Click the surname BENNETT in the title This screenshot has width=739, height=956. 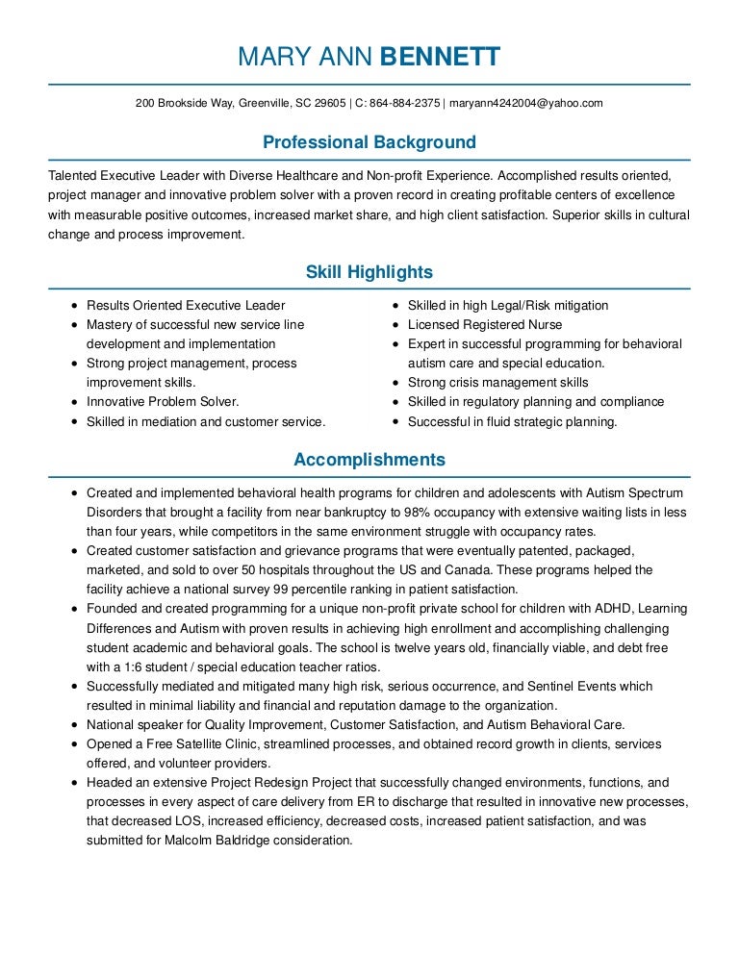[441, 57]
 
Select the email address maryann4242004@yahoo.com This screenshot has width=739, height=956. [526, 103]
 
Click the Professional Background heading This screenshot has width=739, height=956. [369, 142]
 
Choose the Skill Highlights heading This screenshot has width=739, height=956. [369, 272]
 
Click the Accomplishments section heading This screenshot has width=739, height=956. [369, 460]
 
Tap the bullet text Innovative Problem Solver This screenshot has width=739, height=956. [163, 402]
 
